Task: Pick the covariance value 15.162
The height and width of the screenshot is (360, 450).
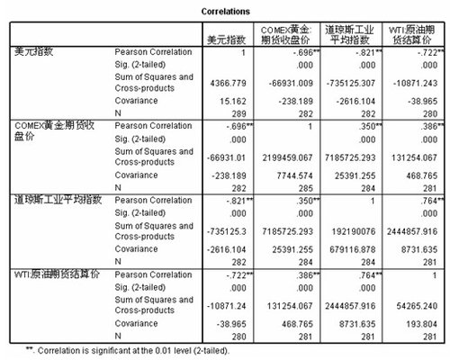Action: coord(233,103)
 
